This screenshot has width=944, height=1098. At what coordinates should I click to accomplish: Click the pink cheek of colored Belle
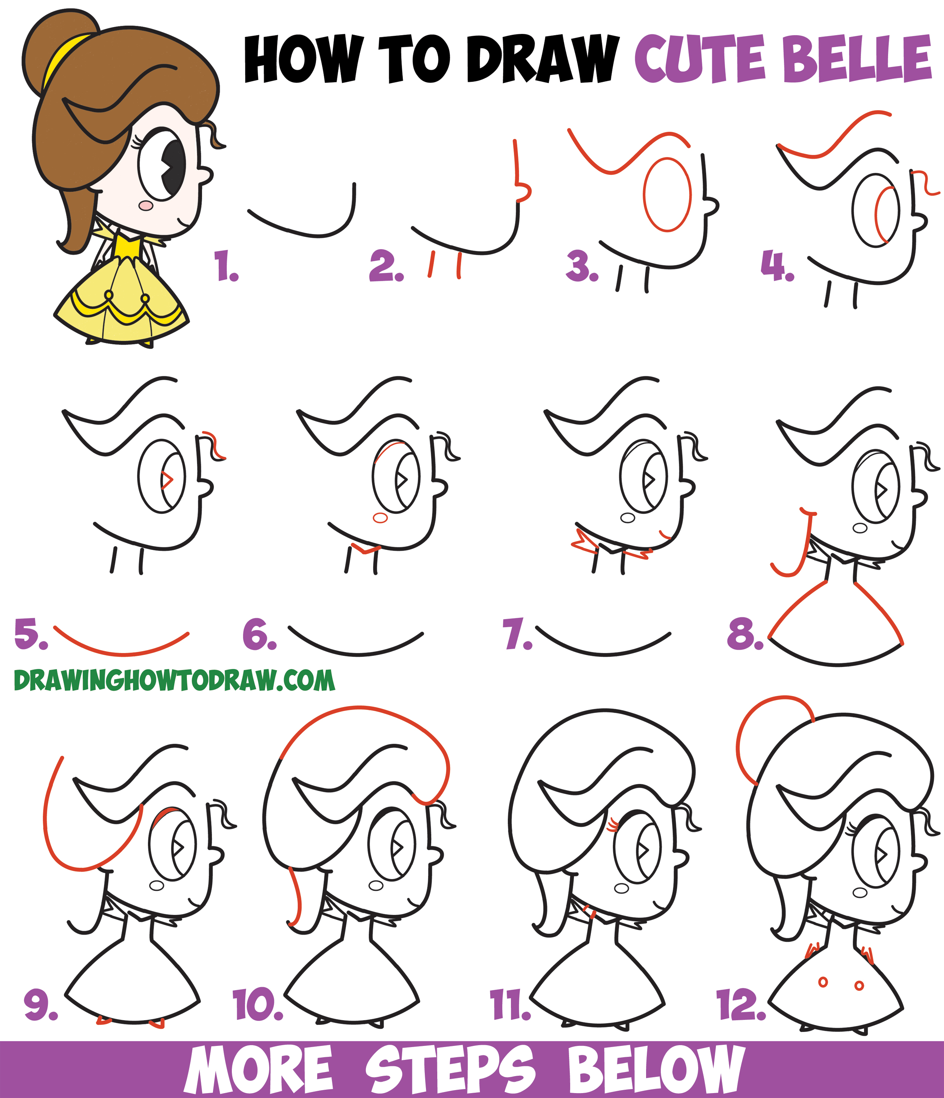point(146,205)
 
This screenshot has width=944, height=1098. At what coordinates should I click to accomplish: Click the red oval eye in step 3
point(667,194)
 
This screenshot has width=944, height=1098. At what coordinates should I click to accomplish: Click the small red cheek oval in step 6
point(380,518)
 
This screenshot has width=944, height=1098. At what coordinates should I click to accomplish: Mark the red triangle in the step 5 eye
point(167,480)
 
